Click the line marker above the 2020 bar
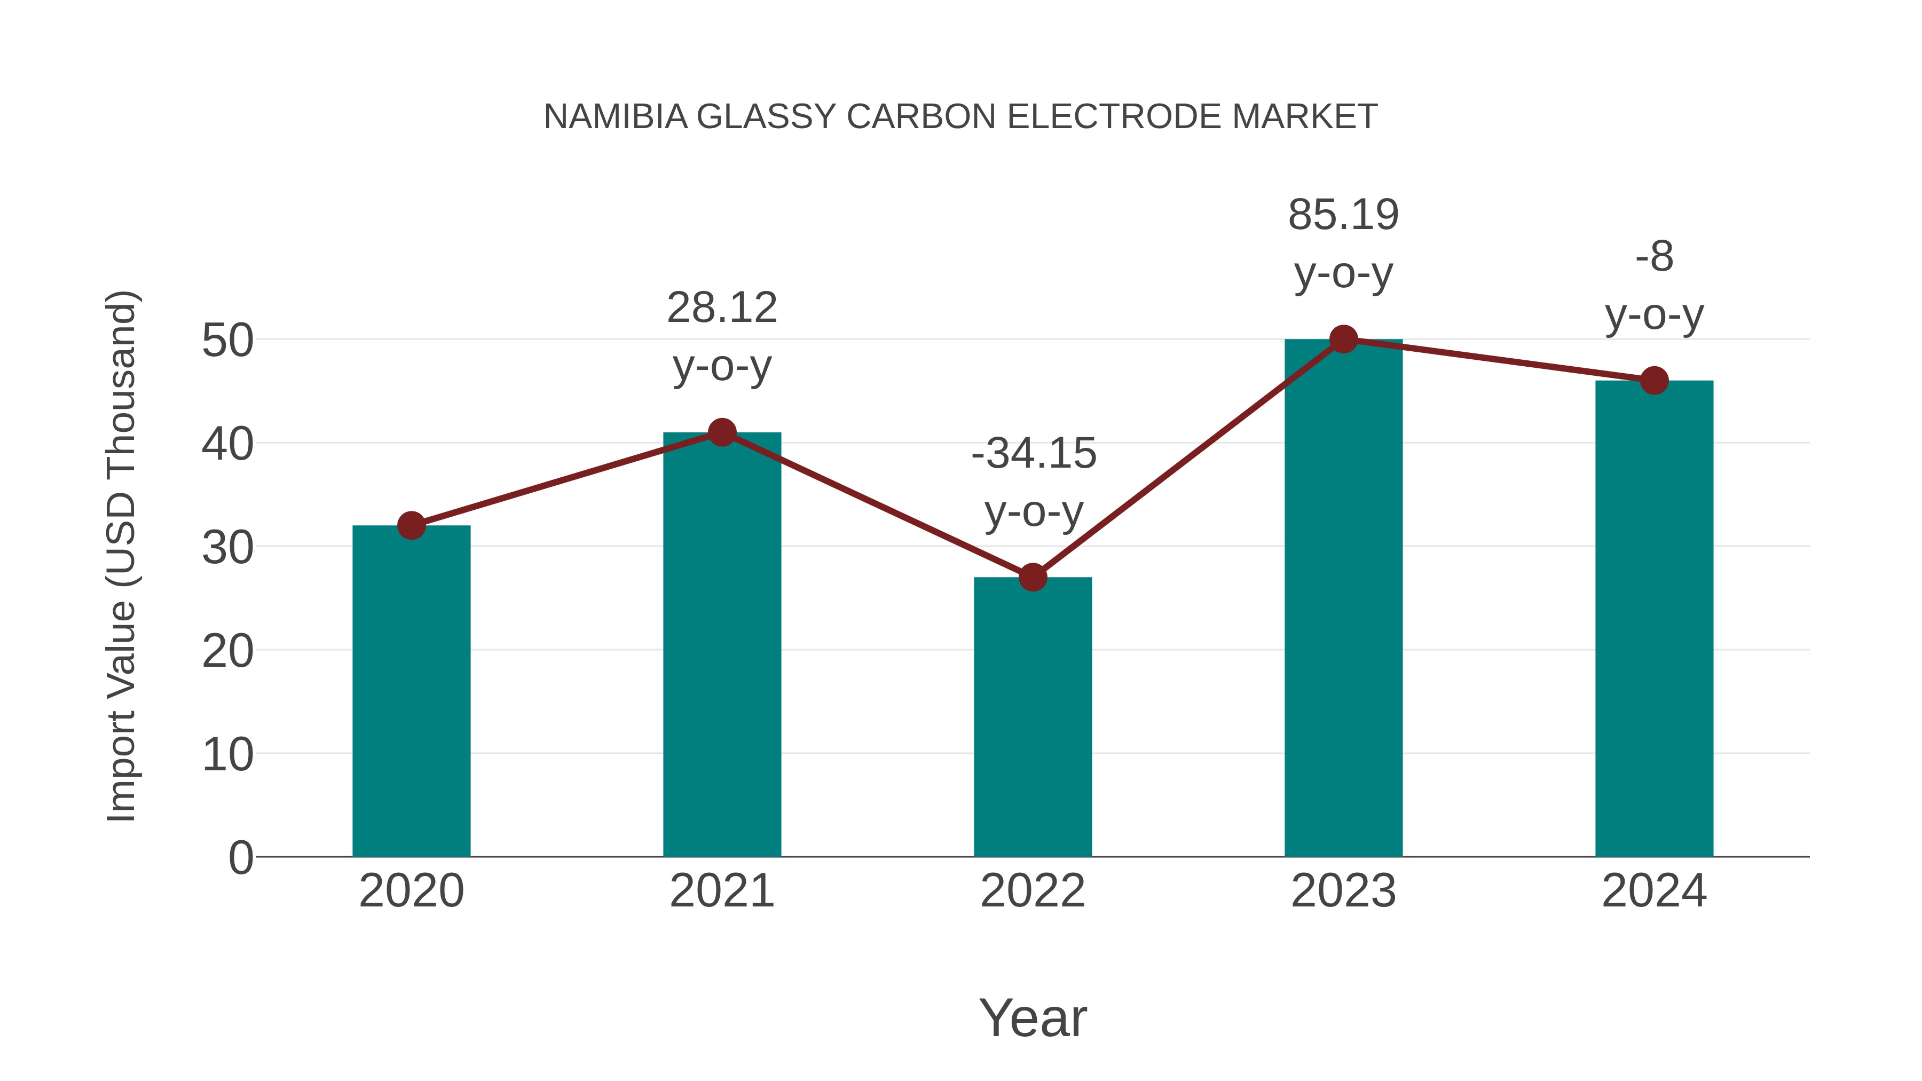[411, 525]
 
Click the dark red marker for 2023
[1343, 340]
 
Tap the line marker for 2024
[1654, 381]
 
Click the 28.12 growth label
[721, 307]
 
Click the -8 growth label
[1654, 257]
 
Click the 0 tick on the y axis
[240, 857]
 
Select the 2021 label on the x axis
[721, 891]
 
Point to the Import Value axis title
[121, 556]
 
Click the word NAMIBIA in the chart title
[615, 117]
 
